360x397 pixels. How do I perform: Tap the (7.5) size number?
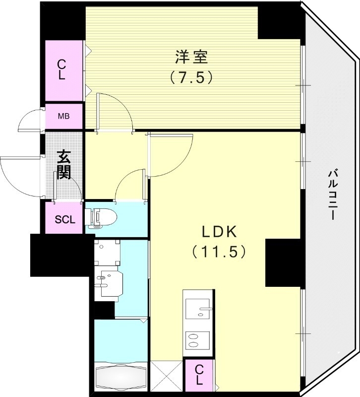tap(191, 77)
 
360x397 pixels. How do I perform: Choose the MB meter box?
tap(63, 117)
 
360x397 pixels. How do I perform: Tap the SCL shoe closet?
tap(64, 219)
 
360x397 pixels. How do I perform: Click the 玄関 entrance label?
tap(63, 165)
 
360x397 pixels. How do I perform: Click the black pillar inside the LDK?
tap(283, 263)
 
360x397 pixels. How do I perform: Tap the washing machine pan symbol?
tap(107, 253)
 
